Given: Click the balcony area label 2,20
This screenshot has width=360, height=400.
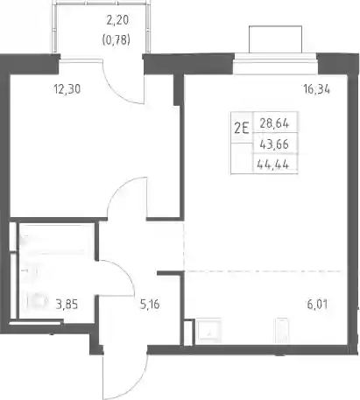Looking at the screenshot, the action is [117, 20].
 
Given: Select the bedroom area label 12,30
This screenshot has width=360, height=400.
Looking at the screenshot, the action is [67, 89].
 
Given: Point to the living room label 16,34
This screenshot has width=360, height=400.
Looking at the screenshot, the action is [317, 89].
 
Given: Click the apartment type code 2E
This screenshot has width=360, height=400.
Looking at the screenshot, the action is [242, 128].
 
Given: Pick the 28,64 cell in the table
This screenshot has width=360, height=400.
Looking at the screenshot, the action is [274, 123].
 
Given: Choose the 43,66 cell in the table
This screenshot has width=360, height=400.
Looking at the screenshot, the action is [274, 144].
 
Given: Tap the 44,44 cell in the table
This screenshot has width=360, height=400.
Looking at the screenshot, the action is [273, 165].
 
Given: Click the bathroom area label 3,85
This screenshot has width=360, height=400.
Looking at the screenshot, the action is [67, 305].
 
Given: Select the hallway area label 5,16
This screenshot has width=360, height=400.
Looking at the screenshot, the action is [150, 305].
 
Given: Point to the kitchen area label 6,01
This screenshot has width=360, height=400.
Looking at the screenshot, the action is [317, 305].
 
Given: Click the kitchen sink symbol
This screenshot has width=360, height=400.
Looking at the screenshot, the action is [208, 330].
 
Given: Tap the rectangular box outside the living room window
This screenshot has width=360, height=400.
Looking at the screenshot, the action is [275, 39].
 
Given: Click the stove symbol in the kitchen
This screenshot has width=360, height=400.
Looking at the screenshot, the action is [282, 330].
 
